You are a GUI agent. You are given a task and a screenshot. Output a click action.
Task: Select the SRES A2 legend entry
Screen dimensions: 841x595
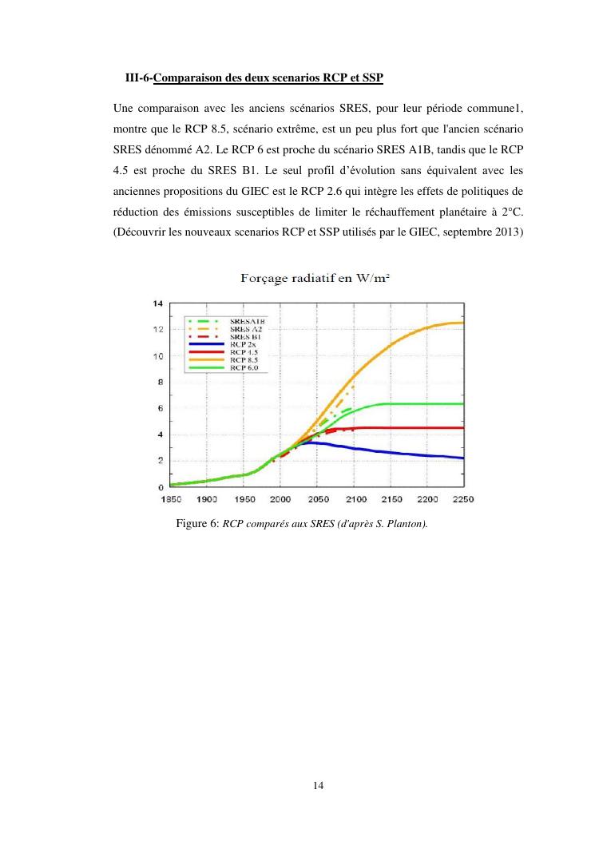point(246,328)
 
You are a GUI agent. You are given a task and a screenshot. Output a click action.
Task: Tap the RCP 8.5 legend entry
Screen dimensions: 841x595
point(246,359)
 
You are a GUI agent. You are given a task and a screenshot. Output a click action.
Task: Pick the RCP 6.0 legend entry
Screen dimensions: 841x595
point(246,367)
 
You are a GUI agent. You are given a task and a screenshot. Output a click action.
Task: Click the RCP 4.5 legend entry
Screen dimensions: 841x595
point(246,352)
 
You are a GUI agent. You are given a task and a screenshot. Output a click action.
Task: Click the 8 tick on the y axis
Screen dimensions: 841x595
point(160,382)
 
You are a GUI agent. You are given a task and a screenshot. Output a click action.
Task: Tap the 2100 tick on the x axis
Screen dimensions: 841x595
point(355,499)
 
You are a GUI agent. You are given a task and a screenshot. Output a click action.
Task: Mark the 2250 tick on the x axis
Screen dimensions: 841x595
point(463,499)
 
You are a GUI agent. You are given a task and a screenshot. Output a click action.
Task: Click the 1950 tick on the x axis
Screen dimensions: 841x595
point(244,499)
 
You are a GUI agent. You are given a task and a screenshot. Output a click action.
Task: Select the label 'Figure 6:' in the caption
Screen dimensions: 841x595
point(197,524)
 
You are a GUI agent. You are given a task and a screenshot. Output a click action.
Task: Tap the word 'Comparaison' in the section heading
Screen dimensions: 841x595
point(186,77)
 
